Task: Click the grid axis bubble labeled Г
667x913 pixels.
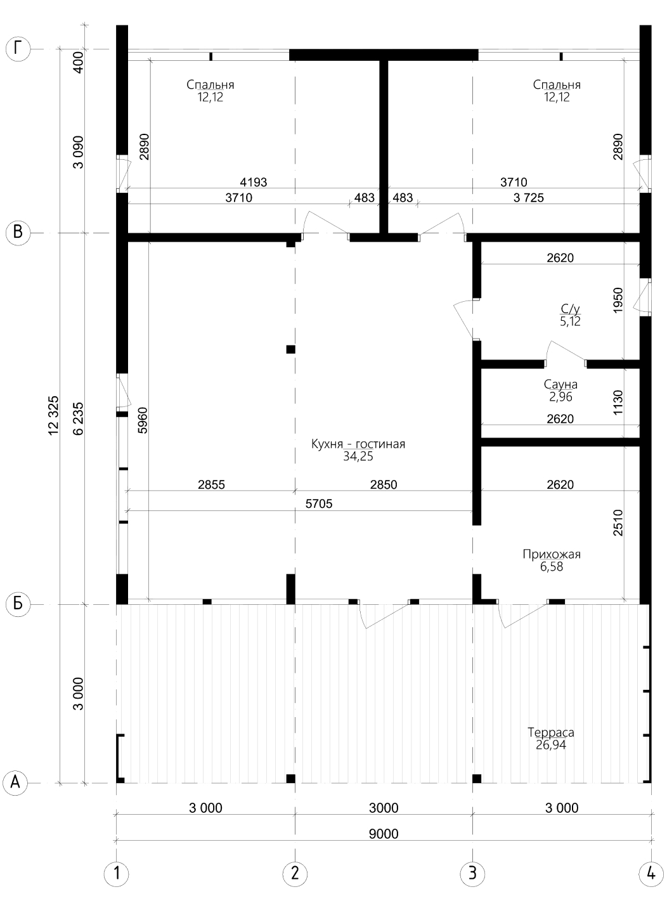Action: tap(18, 49)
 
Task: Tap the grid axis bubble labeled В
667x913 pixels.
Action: tap(18, 233)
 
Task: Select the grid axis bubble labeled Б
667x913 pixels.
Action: tap(18, 604)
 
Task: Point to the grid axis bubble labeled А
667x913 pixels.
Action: tap(15, 782)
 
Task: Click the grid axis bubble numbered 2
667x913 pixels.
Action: tap(295, 873)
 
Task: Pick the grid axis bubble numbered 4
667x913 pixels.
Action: tap(651, 873)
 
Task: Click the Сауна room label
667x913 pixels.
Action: tap(560, 384)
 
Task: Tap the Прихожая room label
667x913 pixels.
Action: tap(552, 554)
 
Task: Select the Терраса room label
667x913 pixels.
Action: tap(551, 732)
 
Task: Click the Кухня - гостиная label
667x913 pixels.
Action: tap(358, 443)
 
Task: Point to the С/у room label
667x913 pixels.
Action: tap(571, 309)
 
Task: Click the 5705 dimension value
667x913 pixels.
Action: tap(319, 504)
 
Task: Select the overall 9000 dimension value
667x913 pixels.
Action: tap(384, 834)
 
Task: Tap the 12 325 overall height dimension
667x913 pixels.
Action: tap(54, 415)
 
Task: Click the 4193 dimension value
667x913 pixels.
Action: tap(254, 182)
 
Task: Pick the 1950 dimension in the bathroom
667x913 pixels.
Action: tap(618, 300)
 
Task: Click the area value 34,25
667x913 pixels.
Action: tap(358, 456)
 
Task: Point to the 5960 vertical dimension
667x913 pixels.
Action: tap(143, 420)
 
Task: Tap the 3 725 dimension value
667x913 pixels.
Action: tap(528, 198)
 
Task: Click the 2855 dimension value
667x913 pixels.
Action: tap(211, 484)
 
